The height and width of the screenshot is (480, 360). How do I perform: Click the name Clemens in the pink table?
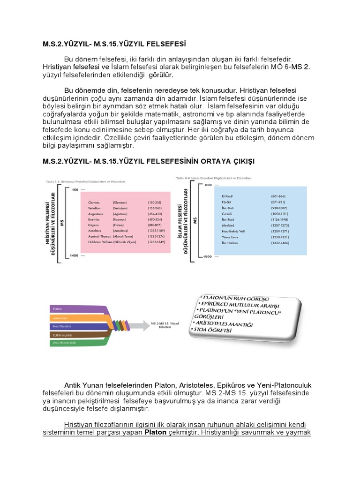click(x=95, y=202)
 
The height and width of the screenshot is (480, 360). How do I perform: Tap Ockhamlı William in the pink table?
click(x=99, y=241)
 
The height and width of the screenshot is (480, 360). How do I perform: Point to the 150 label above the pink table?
click(x=75, y=189)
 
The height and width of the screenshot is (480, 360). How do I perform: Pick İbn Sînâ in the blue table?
click(x=228, y=207)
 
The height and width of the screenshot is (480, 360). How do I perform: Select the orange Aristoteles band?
click(x=75, y=318)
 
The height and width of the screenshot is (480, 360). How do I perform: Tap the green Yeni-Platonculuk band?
click(x=75, y=343)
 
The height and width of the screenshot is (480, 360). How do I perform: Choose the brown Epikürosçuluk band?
click(x=75, y=335)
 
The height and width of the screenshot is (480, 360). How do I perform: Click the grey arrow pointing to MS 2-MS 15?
click(x=141, y=325)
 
